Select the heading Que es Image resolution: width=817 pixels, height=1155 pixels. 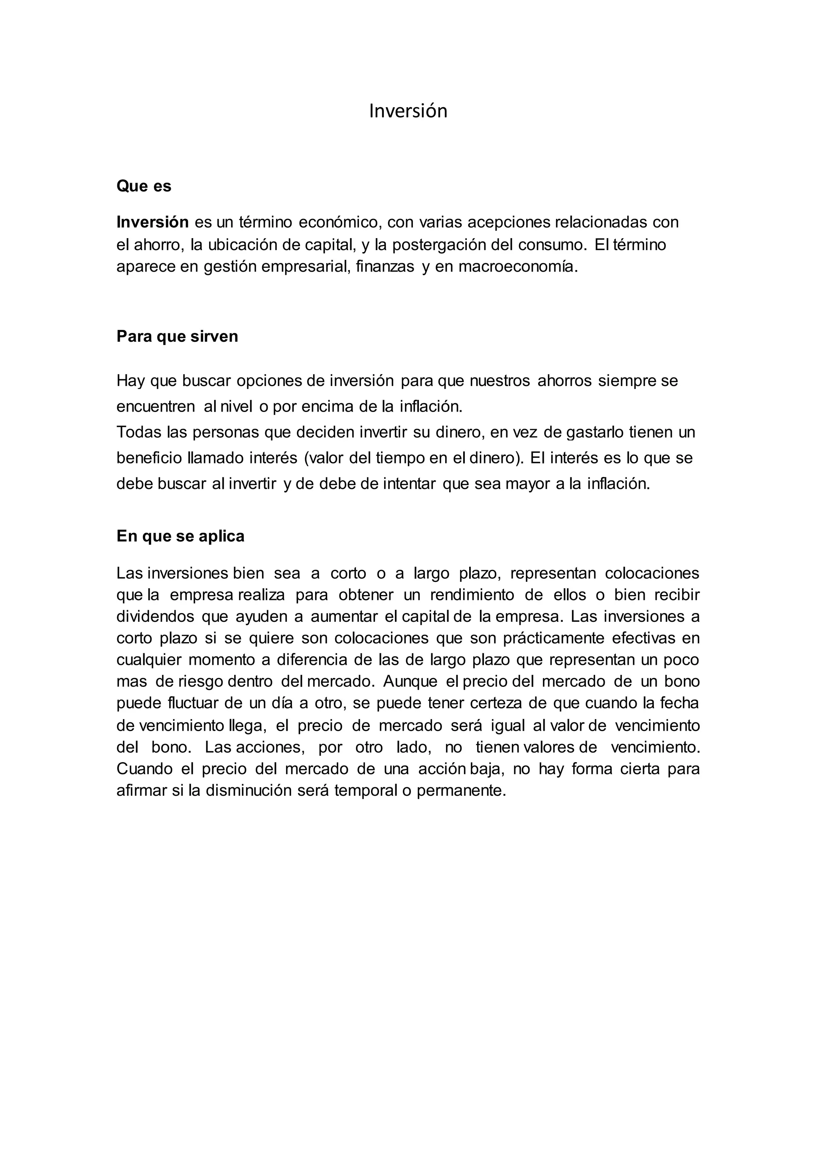pyautogui.click(x=144, y=186)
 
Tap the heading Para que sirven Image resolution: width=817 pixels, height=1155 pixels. pyautogui.click(x=177, y=336)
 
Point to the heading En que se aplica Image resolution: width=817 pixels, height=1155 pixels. pyautogui.click(x=180, y=536)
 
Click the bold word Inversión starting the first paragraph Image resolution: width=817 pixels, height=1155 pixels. pyautogui.click(x=152, y=222)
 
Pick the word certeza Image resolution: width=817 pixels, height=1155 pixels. pyautogui.click(x=513, y=703)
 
